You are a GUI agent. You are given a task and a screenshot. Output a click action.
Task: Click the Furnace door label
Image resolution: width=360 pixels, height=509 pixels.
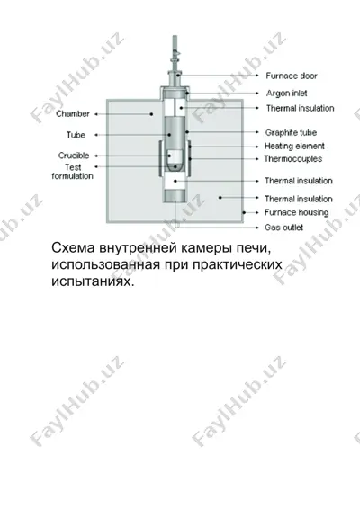(292, 76)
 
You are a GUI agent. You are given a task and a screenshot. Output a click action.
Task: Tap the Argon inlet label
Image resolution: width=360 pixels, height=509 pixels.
(286, 94)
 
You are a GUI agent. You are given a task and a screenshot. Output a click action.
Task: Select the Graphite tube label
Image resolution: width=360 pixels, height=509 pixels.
(291, 132)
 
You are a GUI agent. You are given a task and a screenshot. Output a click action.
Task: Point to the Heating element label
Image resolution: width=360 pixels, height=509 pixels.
(294, 146)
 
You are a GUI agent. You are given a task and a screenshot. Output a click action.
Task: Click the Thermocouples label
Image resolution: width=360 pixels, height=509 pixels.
(293, 159)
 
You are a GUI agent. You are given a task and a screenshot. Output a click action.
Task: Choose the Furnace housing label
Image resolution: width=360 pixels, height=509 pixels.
(296, 212)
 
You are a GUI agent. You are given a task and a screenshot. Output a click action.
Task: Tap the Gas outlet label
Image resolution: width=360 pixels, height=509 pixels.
(283, 228)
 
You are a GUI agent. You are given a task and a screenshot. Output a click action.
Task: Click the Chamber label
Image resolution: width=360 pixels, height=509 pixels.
(73, 114)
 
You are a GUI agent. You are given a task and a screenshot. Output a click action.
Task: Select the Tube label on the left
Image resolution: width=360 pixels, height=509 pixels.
(76, 135)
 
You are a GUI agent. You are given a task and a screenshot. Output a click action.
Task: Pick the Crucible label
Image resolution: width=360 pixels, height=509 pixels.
(74, 156)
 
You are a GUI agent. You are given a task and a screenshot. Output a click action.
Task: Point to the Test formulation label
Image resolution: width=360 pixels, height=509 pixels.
(73, 172)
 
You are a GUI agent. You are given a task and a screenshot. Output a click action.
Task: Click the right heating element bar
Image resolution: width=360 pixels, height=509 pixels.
(189, 159)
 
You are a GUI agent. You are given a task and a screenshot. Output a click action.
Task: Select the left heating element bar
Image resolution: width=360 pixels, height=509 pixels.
(160, 159)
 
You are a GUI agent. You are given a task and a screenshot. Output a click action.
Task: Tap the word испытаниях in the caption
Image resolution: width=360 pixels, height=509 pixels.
(93, 281)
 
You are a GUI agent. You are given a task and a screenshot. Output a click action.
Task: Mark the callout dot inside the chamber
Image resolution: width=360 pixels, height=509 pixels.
(151, 114)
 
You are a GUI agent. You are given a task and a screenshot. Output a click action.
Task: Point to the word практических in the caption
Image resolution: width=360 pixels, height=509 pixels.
(238, 264)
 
